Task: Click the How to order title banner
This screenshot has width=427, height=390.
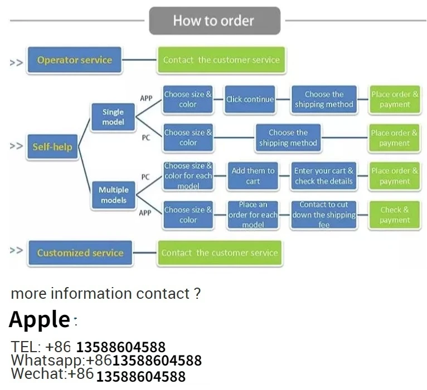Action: (x=214, y=21)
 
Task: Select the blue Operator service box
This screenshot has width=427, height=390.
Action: (x=75, y=60)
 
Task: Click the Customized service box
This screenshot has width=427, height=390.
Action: (x=80, y=253)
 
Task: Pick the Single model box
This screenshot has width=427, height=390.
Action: (x=113, y=117)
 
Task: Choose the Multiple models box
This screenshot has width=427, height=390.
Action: (x=113, y=195)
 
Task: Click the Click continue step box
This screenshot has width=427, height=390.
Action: (x=250, y=100)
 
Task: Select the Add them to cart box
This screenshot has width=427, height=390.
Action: (x=253, y=176)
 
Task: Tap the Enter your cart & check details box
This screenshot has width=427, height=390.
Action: (x=323, y=176)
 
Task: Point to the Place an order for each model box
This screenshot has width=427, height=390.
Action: (x=253, y=215)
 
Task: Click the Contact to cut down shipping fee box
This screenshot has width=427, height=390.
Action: (x=323, y=215)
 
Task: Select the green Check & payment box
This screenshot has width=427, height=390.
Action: (x=394, y=215)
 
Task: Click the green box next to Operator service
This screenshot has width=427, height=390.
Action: (x=221, y=60)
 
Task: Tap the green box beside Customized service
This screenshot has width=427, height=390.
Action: (x=220, y=253)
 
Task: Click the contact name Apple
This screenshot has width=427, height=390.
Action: (x=40, y=319)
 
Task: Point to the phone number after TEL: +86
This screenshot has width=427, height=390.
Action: (x=120, y=348)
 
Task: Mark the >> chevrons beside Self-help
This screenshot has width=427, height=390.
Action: (x=16, y=146)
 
